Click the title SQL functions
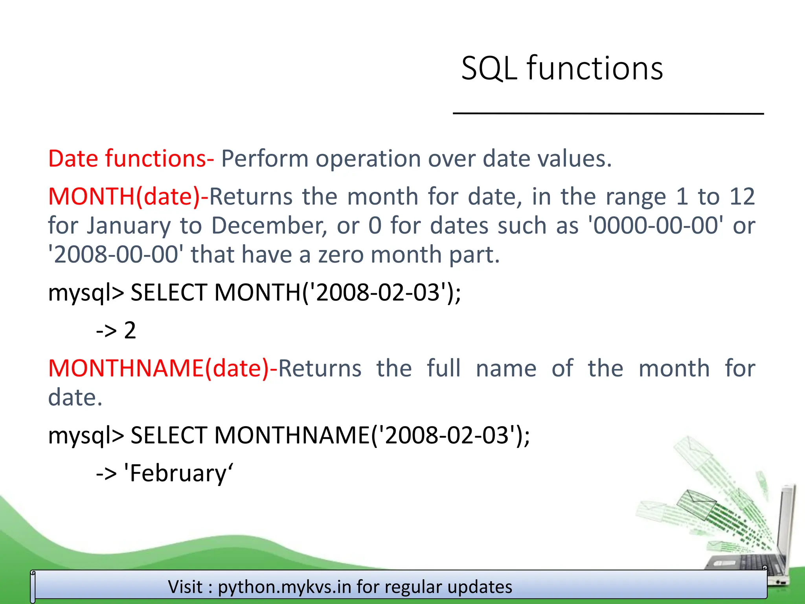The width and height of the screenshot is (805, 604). pos(562,68)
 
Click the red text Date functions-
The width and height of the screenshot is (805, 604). pos(131,158)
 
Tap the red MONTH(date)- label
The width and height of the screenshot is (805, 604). pos(128,196)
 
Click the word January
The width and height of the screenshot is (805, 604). pos(129,226)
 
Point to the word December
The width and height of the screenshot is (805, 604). pos(269,226)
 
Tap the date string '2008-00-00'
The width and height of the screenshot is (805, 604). pos(116,254)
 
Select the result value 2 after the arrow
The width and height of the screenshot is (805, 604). pos(130,330)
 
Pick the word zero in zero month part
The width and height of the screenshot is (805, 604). pos(341,254)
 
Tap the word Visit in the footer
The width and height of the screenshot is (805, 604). pos(186,587)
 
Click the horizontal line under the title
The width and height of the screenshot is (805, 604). pos(608,113)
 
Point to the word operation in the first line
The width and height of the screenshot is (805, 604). pos(368,158)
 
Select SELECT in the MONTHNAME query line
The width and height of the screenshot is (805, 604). pos(169,435)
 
